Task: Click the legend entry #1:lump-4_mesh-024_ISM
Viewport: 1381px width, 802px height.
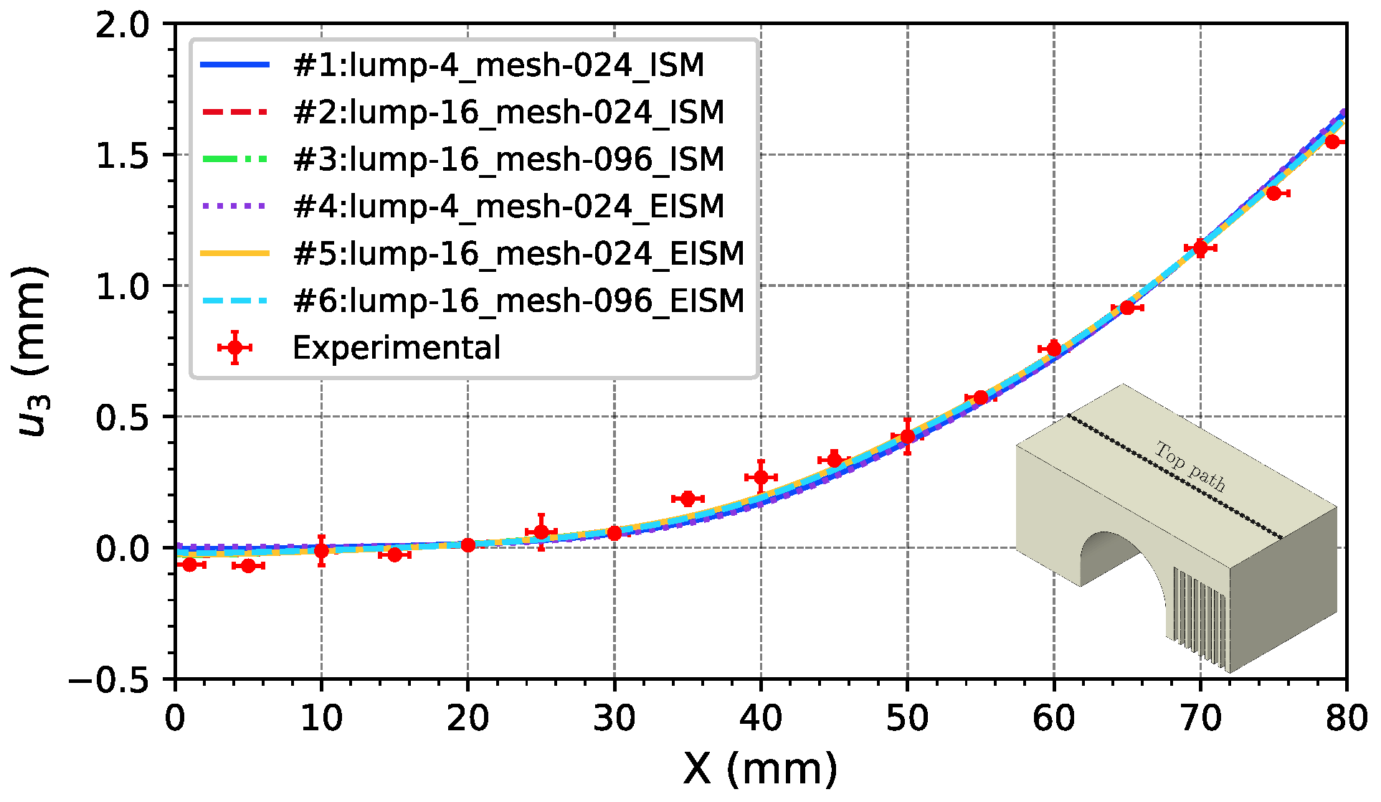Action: pos(498,65)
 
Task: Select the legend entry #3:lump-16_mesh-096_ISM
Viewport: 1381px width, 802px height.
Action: pos(508,159)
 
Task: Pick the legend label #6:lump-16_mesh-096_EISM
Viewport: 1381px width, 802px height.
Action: pos(518,301)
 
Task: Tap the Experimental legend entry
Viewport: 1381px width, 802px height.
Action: pos(396,348)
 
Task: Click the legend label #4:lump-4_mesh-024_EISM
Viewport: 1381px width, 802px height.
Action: pos(508,207)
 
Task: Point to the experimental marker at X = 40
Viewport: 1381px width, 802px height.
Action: pos(761,477)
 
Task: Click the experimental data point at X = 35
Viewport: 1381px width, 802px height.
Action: pos(688,499)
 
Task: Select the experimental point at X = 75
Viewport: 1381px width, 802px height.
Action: pos(1273,193)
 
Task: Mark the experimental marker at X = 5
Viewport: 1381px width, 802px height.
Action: pos(248,566)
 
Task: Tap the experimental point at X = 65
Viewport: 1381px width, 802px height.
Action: pos(1127,308)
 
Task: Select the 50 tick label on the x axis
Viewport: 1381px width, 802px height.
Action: pos(907,718)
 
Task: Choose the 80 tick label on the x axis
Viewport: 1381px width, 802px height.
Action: pos(1346,718)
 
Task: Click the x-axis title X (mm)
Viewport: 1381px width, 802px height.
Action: pos(760,770)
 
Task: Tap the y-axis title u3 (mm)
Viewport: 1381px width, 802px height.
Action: pos(32,352)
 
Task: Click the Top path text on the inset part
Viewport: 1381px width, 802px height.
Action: pos(1190,466)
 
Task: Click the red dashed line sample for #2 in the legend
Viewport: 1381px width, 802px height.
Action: pos(234,113)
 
